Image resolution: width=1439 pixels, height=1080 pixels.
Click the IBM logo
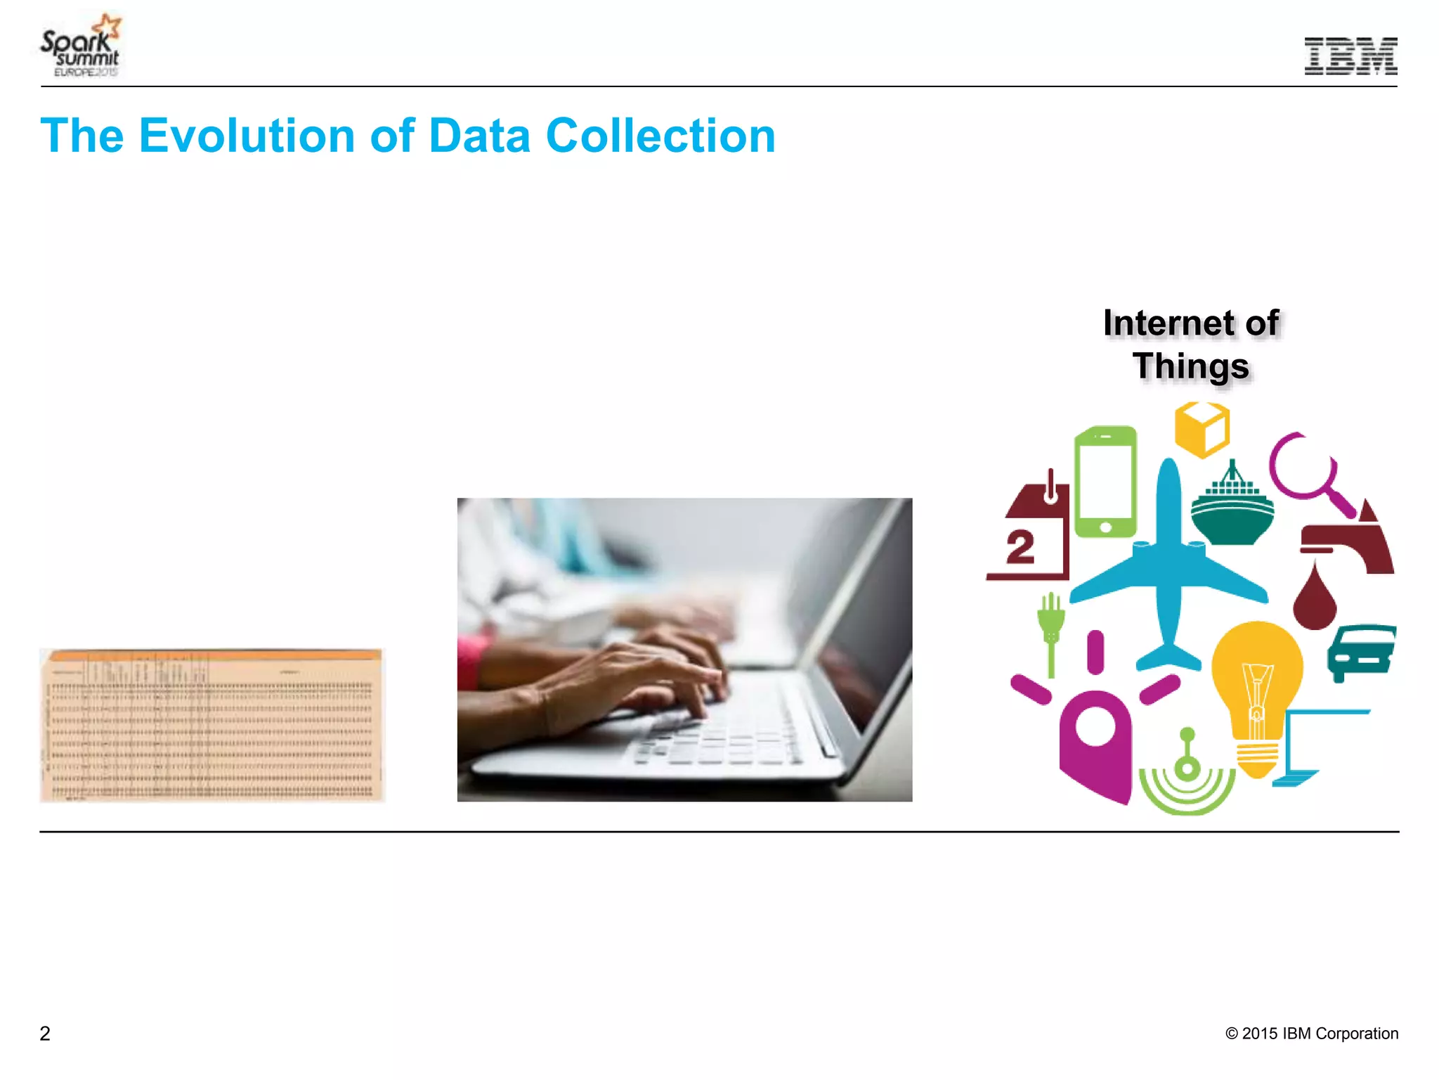pyautogui.click(x=1350, y=56)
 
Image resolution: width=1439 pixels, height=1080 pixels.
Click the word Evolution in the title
pyautogui.click(x=247, y=135)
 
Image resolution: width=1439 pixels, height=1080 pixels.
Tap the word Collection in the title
pyautogui.click(x=660, y=135)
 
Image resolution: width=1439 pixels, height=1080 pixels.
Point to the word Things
pyautogui.click(x=1191, y=366)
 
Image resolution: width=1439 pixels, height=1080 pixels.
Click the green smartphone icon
pyautogui.click(x=1105, y=482)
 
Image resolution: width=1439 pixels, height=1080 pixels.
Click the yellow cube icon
pyautogui.click(x=1202, y=429)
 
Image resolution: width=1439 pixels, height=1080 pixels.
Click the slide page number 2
pyautogui.click(x=45, y=1034)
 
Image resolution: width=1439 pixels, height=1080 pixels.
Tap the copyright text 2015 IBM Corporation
pyautogui.click(x=1312, y=1034)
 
